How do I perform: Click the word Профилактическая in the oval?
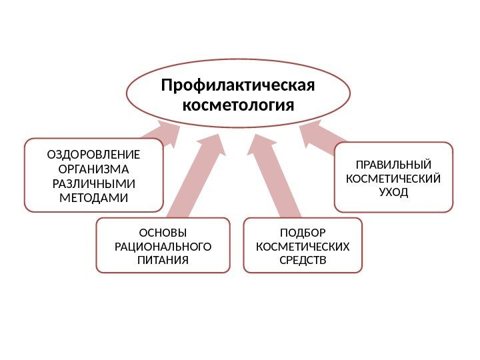point(238,87)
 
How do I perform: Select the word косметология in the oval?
point(238,106)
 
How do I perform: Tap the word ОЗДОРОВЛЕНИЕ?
point(94,155)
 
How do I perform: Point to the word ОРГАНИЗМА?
point(94,169)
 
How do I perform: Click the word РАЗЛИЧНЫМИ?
point(94,183)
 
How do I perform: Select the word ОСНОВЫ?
point(163,233)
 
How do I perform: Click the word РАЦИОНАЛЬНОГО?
point(163,246)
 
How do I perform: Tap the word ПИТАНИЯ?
point(163,259)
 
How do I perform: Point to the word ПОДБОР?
point(303,233)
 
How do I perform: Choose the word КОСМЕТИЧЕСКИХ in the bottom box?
point(303,246)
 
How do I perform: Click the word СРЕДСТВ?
point(303,259)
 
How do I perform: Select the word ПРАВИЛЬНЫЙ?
point(393,165)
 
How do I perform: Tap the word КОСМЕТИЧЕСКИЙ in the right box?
point(393,179)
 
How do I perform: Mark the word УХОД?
point(393,192)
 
